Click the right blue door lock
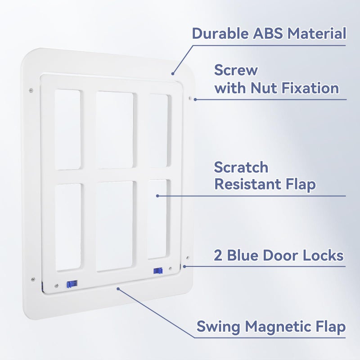[x=157, y=271]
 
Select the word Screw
[x=236, y=70]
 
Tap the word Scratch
[x=241, y=167]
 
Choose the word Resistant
[x=250, y=184]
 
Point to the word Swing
[x=218, y=327]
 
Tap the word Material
[x=317, y=33]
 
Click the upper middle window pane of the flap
[x=115, y=130]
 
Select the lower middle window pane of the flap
[x=115, y=226]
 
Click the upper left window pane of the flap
[x=67, y=129]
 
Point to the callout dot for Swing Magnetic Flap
[x=118, y=288]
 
